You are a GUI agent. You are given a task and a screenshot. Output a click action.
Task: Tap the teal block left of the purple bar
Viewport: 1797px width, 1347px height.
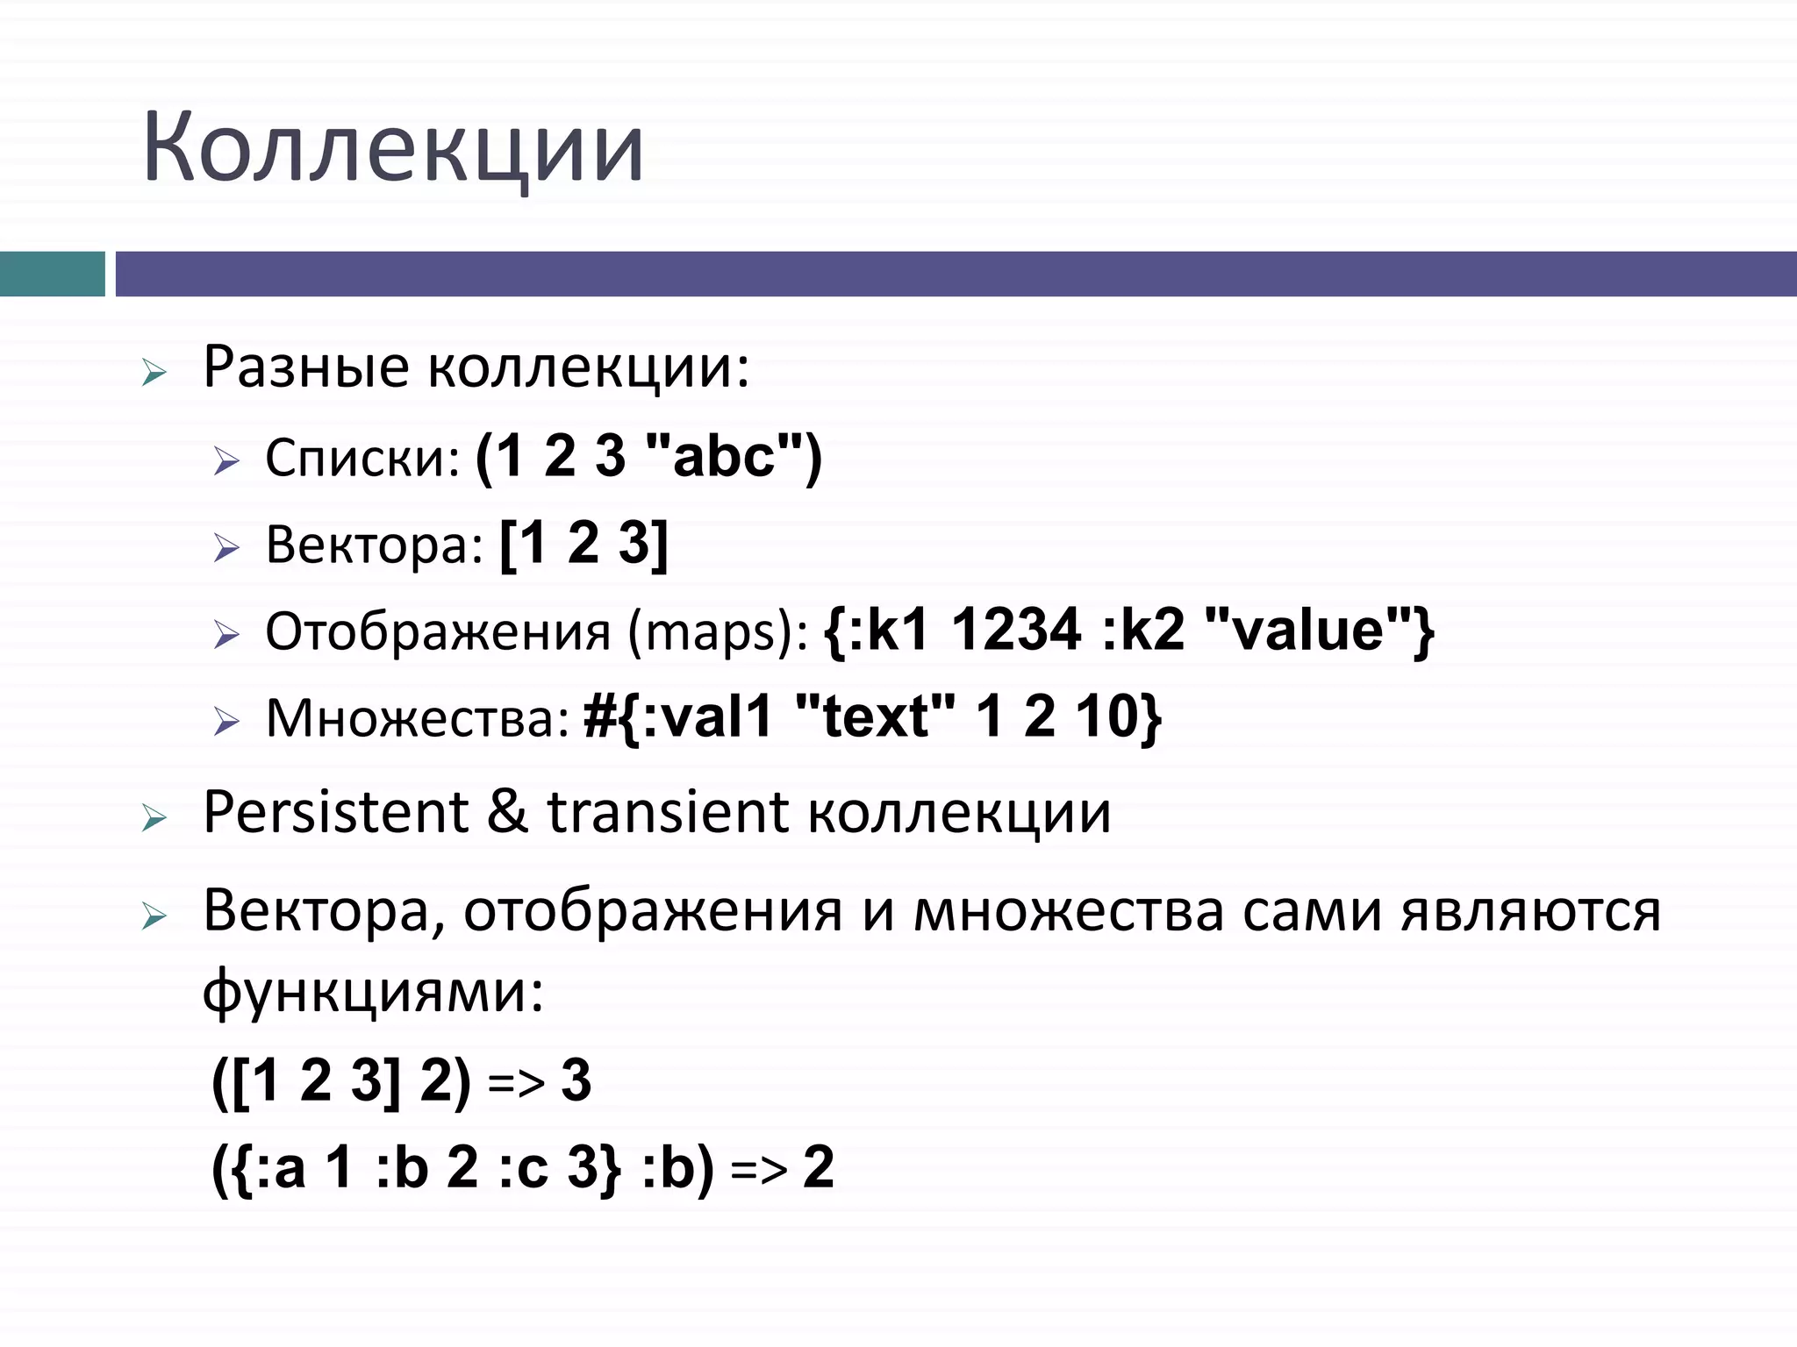(x=52, y=274)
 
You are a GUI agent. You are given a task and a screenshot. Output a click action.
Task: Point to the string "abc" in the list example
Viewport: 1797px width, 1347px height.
(x=724, y=456)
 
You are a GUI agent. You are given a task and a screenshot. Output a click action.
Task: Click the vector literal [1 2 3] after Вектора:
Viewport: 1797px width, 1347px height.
(x=583, y=544)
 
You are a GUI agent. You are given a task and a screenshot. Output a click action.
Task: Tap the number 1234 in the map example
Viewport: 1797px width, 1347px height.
(x=1016, y=630)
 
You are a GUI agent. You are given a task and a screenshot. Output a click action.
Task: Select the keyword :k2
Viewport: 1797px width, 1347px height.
(x=1143, y=630)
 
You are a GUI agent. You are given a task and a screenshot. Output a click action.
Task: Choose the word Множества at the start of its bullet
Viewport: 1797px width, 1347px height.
(x=418, y=718)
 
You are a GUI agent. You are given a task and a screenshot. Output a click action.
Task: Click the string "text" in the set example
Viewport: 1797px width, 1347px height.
(x=874, y=716)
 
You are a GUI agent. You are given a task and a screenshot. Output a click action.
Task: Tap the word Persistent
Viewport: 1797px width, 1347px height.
(x=335, y=812)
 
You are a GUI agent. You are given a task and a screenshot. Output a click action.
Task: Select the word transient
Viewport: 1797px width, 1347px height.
(x=668, y=812)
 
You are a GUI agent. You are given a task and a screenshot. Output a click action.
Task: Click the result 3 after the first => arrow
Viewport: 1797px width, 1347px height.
(x=576, y=1080)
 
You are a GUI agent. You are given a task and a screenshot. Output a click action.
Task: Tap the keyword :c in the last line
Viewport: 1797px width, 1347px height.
(x=524, y=1168)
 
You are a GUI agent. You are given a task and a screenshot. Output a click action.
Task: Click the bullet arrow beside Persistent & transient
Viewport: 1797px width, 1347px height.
(x=154, y=819)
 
